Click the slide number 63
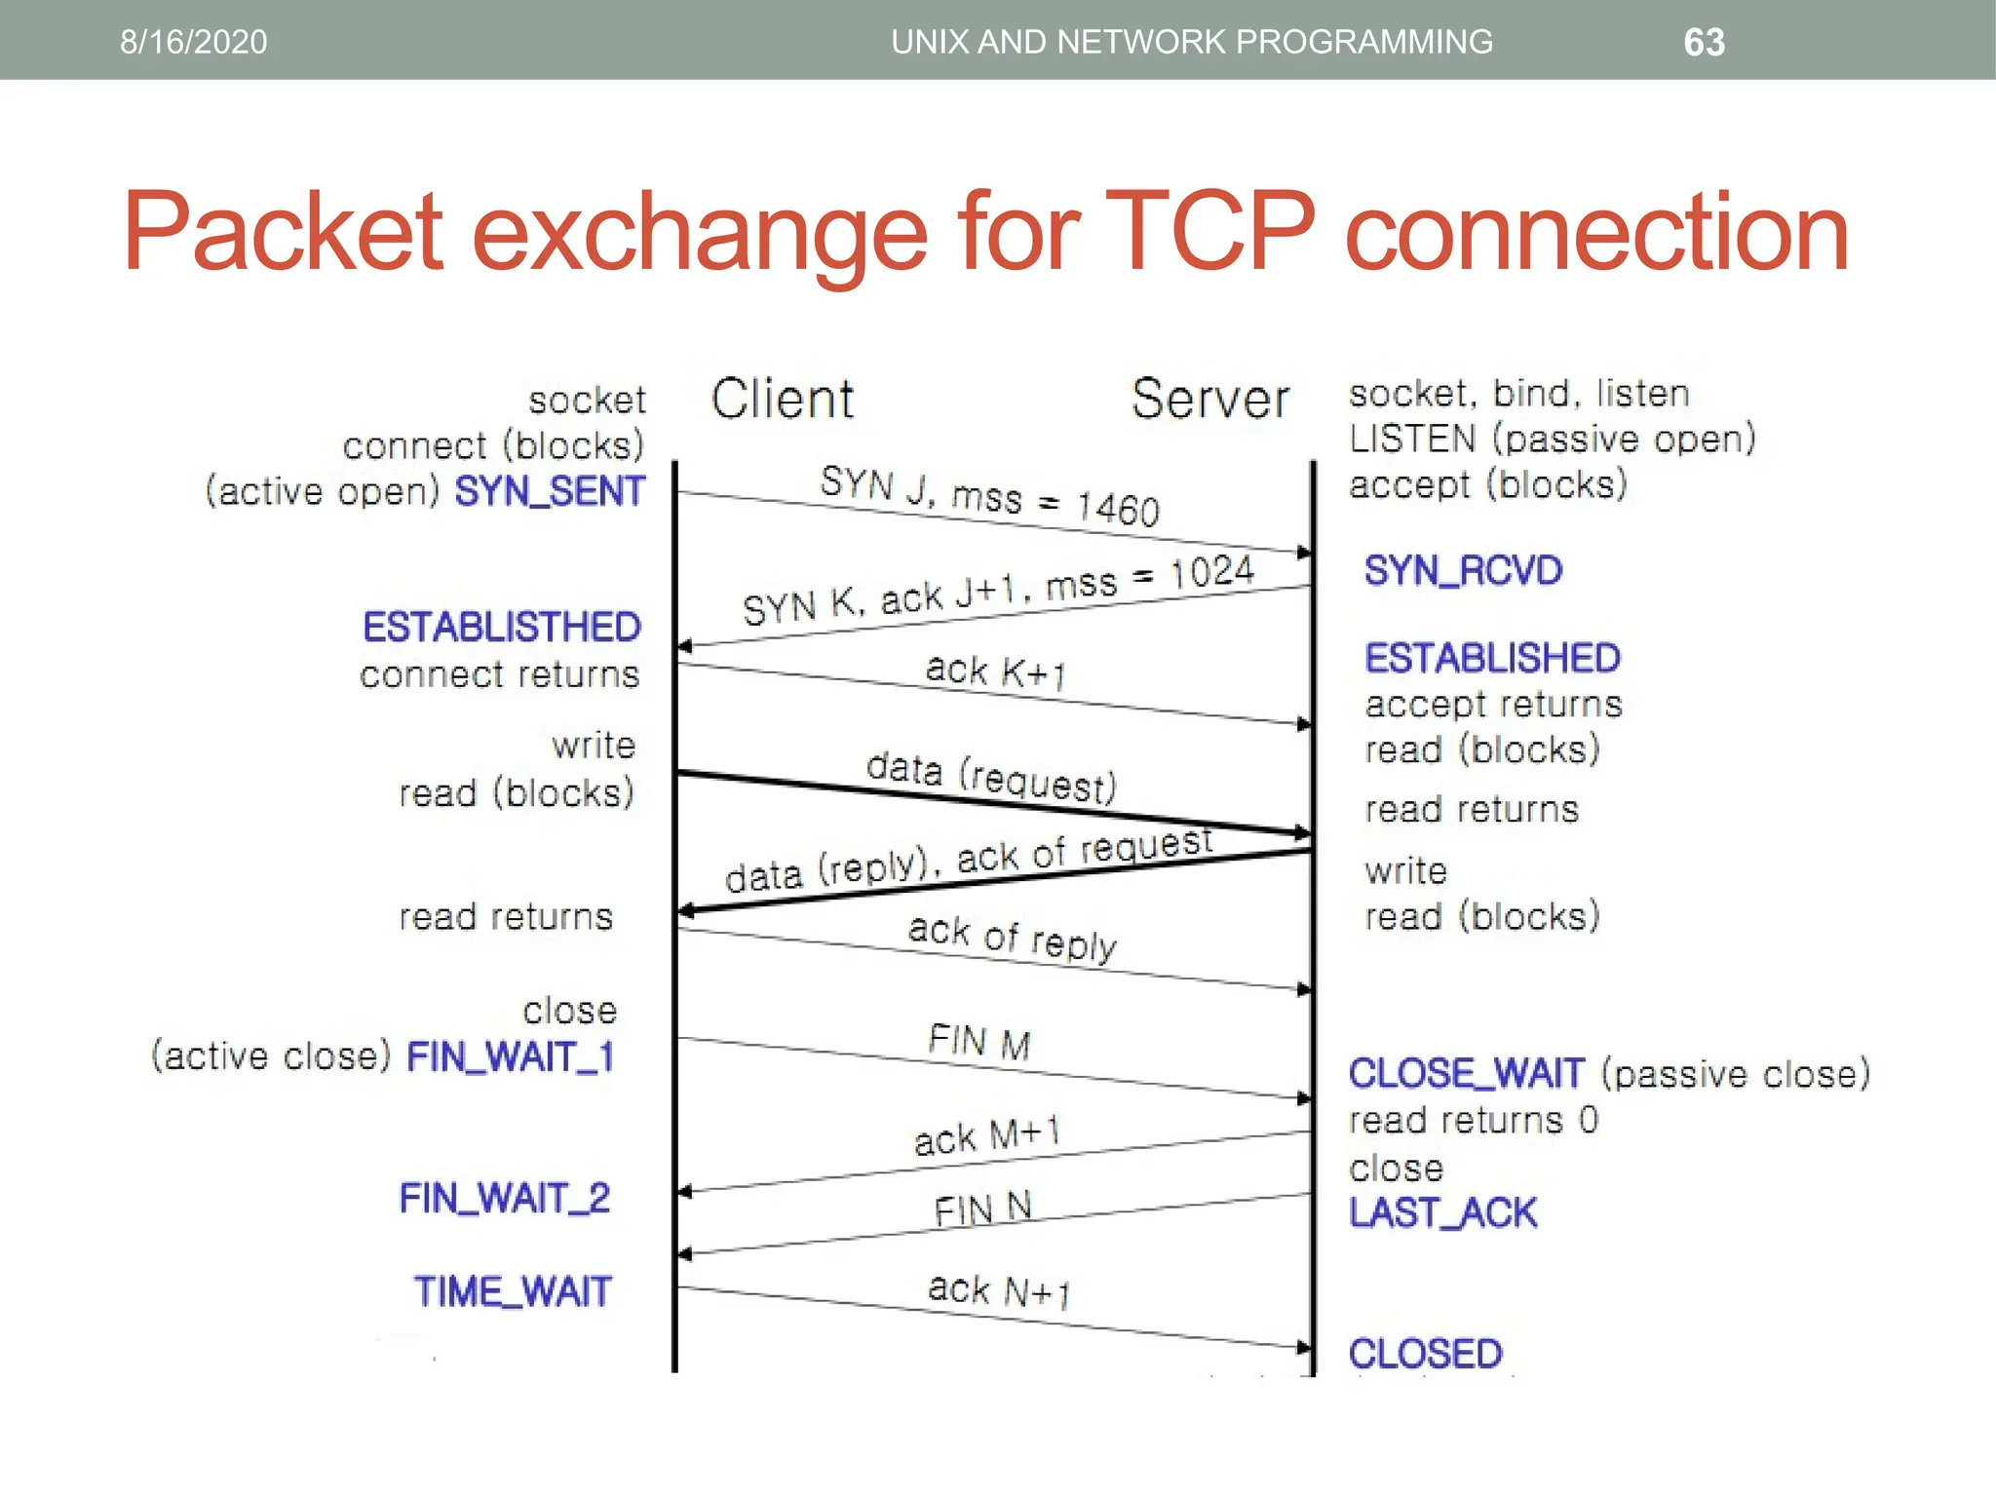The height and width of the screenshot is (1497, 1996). pos(1704,42)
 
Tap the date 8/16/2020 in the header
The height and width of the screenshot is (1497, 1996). pos(193,42)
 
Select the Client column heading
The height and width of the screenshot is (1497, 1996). pos(783,399)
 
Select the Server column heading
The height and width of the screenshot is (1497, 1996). pos(1209,399)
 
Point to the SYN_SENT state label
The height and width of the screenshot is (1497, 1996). pos(550,491)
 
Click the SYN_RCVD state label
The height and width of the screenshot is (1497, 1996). pos(1463,570)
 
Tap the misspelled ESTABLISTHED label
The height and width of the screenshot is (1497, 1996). pos(502,627)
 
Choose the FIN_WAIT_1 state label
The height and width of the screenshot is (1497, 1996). pos(511,1056)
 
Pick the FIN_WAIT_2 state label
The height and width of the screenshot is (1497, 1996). pos(505,1198)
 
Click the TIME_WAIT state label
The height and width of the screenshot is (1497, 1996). pos(513,1292)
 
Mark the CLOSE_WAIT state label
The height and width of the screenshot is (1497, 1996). pos(1467,1073)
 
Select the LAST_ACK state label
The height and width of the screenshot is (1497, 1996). pos(1442,1213)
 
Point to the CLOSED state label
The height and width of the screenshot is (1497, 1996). pos(1426,1354)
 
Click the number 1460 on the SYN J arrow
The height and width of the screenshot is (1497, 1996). pos(1118,509)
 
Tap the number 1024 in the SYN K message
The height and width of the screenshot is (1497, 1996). pos(1211,572)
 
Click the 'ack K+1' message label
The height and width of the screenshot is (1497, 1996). pos(995,672)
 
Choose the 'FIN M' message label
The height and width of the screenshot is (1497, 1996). pos(979,1042)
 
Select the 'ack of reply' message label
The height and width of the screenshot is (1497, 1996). pos(1013,938)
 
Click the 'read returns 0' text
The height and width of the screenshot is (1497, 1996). pos(1473,1120)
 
